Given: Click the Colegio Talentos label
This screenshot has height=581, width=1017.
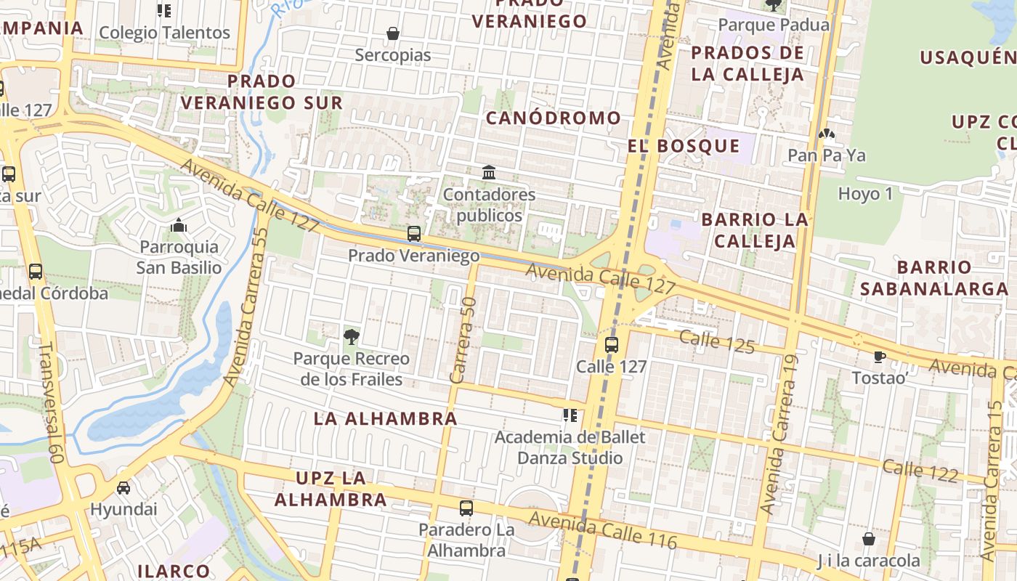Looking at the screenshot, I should click(x=164, y=33).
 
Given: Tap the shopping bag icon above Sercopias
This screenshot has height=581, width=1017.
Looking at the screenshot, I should click(x=393, y=33).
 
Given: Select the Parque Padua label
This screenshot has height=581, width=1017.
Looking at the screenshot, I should click(x=773, y=25).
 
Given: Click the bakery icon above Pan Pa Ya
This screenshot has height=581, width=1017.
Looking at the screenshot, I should click(x=826, y=134).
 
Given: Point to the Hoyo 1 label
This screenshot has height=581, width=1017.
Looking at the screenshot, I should click(x=865, y=194).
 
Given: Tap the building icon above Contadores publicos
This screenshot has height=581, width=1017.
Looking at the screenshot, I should click(x=489, y=173).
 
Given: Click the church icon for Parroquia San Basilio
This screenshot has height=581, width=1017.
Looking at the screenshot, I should click(x=179, y=226).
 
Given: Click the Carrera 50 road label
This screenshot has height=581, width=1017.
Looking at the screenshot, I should click(x=463, y=340).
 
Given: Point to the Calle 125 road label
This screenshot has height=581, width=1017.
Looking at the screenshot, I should click(x=717, y=341).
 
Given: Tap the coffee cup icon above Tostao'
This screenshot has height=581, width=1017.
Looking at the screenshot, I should click(x=879, y=357).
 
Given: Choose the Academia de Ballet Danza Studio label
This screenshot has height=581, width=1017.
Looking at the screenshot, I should click(x=570, y=447).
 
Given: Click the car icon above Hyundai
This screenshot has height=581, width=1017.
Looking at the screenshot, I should click(x=123, y=487).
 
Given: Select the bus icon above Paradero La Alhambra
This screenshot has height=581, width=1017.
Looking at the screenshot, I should click(x=466, y=508).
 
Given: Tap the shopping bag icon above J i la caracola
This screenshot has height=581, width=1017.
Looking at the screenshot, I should click(x=868, y=539).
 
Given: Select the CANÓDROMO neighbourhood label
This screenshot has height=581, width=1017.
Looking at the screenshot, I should click(x=553, y=118).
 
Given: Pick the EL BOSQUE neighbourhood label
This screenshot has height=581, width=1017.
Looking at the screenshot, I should click(x=684, y=146).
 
